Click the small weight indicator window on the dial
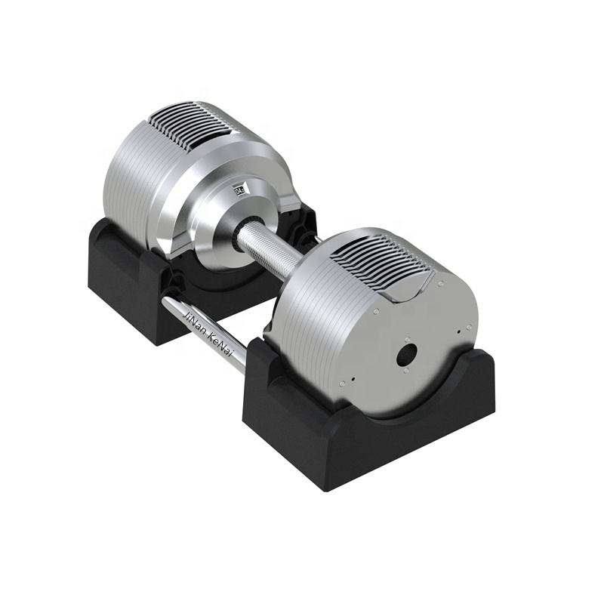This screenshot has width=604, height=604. pyautogui.click(x=240, y=189)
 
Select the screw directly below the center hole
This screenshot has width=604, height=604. pyautogui.click(x=405, y=371)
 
